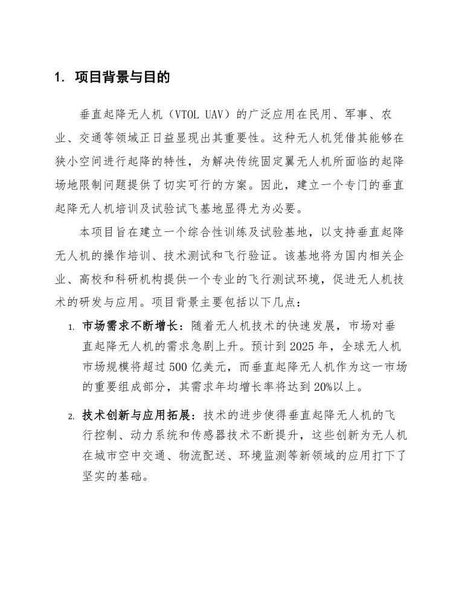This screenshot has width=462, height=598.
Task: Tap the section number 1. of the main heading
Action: (59, 77)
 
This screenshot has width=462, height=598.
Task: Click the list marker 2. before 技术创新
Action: (71, 417)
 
